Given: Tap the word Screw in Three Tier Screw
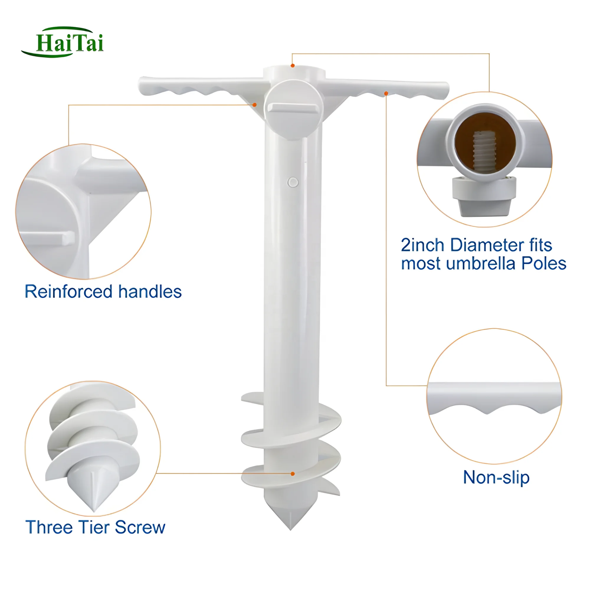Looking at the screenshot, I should pos(140,527).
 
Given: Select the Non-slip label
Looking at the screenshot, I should pos(496,477).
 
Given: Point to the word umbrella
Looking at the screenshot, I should pos(481,263).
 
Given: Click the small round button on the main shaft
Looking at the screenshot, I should pos(293,182).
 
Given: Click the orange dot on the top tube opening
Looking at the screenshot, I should pos(293,66).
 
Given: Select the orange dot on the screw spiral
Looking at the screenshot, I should pos(293,474).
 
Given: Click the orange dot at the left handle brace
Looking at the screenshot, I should pos(254,105).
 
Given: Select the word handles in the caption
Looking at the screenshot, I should pos(150,292).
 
